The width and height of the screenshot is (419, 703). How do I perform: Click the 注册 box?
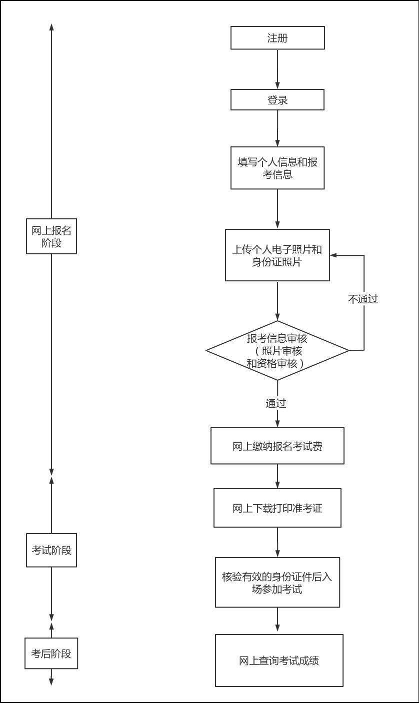pyautogui.click(x=277, y=38)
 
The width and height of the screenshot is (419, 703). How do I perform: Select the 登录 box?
pyautogui.click(x=277, y=100)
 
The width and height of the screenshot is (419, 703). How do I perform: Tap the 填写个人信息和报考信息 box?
pyautogui.click(x=277, y=168)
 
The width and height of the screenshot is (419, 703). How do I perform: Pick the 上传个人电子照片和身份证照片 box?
pyautogui.click(x=277, y=255)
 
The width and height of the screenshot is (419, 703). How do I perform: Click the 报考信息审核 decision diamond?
pyautogui.click(x=277, y=350)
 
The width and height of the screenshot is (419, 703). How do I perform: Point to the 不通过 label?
pyautogui.click(x=363, y=299)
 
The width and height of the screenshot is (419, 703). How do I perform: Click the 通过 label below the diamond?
pyautogui.click(x=276, y=403)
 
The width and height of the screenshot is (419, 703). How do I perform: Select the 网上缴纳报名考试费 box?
pyautogui.click(x=277, y=446)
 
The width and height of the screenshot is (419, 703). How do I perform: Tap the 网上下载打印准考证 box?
pyautogui.click(x=277, y=508)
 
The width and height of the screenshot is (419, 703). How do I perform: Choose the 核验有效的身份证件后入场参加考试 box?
pyautogui.click(x=277, y=583)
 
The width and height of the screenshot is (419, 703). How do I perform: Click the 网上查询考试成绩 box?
pyautogui.click(x=279, y=661)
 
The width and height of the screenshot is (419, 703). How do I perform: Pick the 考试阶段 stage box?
pyautogui.click(x=51, y=550)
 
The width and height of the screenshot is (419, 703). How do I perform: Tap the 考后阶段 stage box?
pyautogui.click(x=51, y=654)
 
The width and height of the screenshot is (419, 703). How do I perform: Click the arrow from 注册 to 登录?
pyautogui.click(x=277, y=69)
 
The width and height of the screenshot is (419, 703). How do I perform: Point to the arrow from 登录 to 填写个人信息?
pyautogui.click(x=277, y=128)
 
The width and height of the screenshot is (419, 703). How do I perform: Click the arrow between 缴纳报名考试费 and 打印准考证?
pyautogui.click(x=277, y=476)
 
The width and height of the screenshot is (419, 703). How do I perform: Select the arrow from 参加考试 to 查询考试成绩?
pyautogui.click(x=277, y=621)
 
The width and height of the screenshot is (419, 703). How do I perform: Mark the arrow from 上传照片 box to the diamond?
pyautogui.click(x=277, y=300)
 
